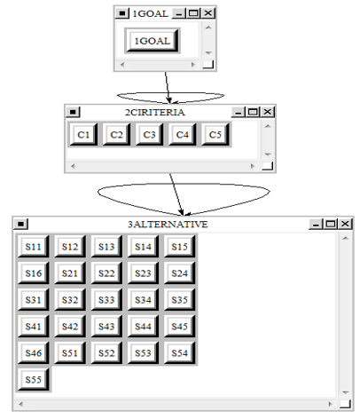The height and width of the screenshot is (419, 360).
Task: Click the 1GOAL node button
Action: point(153,41)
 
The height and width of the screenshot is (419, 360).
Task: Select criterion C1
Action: point(83,135)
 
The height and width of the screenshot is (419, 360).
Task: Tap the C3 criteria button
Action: point(149,135)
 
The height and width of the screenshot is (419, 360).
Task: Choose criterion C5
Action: point(215,135)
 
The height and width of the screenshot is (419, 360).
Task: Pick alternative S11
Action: point(33,247)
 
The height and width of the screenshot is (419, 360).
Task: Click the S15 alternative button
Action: point(179,247)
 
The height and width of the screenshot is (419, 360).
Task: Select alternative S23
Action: point(143,273)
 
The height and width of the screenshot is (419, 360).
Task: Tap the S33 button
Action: point(106,300)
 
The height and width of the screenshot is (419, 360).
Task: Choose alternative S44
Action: point(143,327)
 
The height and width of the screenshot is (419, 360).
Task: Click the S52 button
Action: point(106,353)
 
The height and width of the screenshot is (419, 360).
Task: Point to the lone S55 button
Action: point(33,380)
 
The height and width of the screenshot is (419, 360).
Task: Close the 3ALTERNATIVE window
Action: point(345,224)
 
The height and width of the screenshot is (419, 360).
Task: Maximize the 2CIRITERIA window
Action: point(253,112)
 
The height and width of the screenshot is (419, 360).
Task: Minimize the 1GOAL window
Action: point(179,13)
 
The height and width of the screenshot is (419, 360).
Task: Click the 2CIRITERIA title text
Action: point(155,112)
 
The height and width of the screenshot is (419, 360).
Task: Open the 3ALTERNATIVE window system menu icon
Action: point(20,224)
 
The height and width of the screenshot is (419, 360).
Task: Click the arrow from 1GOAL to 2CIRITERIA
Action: point(168,88)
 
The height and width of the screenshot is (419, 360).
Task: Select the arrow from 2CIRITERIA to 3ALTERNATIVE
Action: point(176,194)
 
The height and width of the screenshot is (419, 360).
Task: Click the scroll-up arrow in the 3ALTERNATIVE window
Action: point(345,238)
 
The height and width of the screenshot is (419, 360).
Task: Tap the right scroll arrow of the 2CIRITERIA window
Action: point(253,166)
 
